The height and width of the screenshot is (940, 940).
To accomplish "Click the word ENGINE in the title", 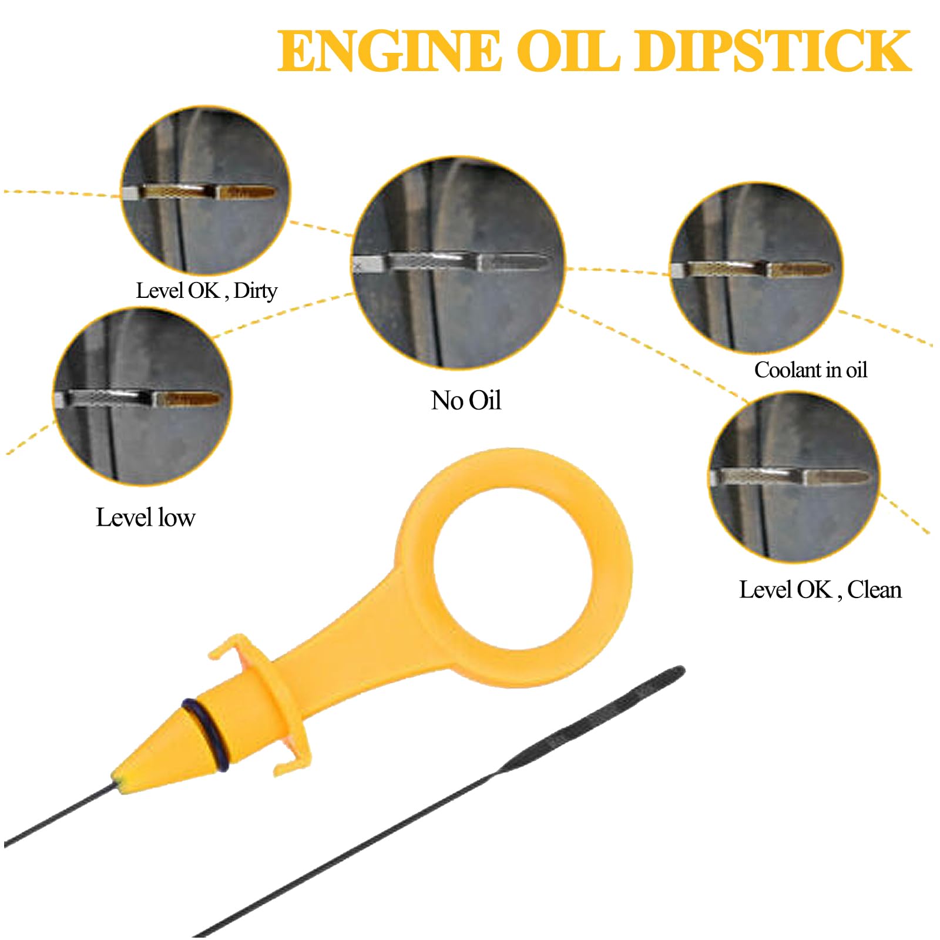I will pyautogui.click(x=389, y=52).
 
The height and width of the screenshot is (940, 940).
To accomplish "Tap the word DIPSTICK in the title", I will pyautogui.click(x=779, y=52).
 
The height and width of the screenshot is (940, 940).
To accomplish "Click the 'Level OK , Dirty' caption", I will pyautogui.click(x=206, y=291).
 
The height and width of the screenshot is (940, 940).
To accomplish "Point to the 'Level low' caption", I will pyautogui.click(x=145, y=518).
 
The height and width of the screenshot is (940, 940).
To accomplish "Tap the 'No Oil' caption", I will pyautogui.click(x=466, y=401).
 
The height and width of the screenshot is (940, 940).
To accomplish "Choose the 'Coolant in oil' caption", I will pyautogui.click(x=811, y=370).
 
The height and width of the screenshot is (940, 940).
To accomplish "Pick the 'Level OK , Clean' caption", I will pyautogui.click(x=820, y=589).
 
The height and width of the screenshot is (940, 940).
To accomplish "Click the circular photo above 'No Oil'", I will pyautogui.click(x=458, y=263).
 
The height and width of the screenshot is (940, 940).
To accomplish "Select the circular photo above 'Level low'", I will pyautogui.click(x=142, y=397).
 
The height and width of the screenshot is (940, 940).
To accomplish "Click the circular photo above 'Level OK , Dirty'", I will pyautogui.click(x=206, y=190).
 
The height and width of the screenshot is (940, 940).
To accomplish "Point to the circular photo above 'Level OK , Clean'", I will pyautogui.click(x=794, y=476).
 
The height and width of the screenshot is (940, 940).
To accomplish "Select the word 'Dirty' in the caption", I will pyautogui.click(x=255, y=291).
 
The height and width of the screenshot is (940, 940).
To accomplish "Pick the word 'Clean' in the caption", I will pyautogui.click(x=874, y=589).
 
